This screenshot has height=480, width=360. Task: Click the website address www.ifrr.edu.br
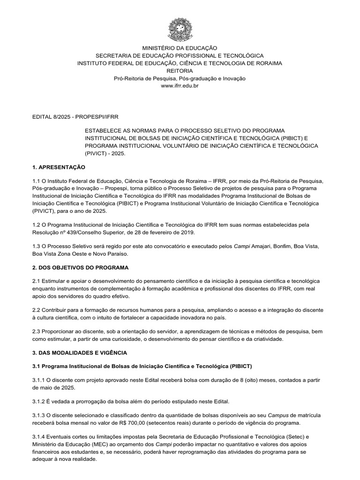click(x=180, y=86)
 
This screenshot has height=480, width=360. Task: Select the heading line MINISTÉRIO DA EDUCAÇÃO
click(x=180, y=48)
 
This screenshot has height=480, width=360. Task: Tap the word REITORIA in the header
click(x=180, y=70)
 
